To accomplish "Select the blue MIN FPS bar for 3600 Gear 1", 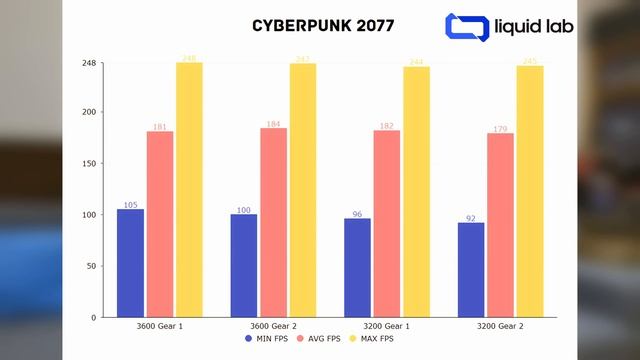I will pos(130,263).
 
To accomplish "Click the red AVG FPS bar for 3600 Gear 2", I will pos(273,222).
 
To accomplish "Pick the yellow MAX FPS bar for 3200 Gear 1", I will pos(416,192).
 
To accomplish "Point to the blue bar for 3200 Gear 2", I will pos(471,269).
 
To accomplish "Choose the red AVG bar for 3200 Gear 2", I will pos(500,225).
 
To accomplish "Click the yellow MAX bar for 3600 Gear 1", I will pos(189,190).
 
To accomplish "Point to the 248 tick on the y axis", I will pos(88,63).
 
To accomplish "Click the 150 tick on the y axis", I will pos(90,163).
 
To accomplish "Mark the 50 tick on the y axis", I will pos(92,266).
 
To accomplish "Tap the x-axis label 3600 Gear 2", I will pos(273,326).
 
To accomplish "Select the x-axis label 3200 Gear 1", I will pos(386,326).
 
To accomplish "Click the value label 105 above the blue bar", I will pos(130,205).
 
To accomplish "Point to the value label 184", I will pos(273,124).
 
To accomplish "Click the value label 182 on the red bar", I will pos(386,126).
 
